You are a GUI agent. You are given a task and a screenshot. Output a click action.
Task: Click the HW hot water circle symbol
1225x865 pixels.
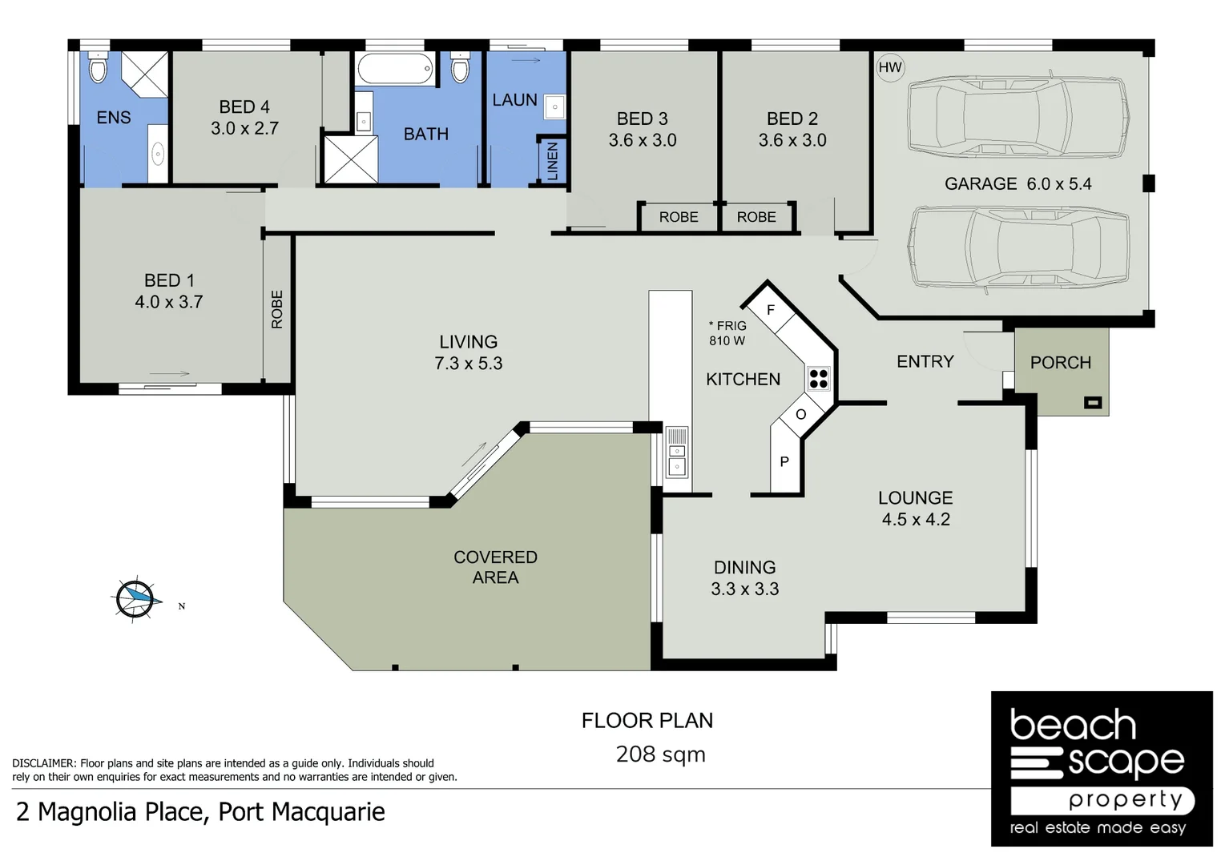point(890,67)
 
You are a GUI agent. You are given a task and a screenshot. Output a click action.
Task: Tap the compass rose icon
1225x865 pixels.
point(135,597)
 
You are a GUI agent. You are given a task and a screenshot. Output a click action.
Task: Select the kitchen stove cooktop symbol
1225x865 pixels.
point(818,379)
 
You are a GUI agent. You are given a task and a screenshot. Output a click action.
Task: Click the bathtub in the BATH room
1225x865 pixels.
point(396,69)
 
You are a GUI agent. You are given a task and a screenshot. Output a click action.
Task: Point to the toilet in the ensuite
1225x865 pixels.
point(98,69)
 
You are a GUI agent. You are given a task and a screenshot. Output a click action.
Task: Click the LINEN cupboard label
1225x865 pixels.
point(552,161)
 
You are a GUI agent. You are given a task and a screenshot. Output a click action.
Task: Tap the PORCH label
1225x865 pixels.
point(1060,363)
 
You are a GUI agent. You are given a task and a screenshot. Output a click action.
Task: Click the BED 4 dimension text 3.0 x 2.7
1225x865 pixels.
point(244,128)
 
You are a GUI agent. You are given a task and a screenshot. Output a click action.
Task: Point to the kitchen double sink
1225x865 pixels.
point(677,453)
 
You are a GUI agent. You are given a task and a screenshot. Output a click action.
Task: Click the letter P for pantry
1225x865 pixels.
point(784,461)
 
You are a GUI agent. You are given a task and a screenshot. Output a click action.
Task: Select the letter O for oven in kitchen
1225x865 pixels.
point(800,414)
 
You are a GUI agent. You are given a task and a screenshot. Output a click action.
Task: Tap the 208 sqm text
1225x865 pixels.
point(660,754)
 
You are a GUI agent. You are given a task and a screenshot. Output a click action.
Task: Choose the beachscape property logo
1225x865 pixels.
point(1102,769)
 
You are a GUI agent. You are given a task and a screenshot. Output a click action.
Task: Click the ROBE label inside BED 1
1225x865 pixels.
point(277,309)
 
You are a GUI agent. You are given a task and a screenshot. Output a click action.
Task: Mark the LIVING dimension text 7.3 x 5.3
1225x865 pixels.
point(468,364)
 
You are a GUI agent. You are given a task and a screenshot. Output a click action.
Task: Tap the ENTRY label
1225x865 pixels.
point(925,361)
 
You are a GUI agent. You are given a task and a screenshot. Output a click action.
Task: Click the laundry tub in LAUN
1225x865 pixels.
point(554,107)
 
